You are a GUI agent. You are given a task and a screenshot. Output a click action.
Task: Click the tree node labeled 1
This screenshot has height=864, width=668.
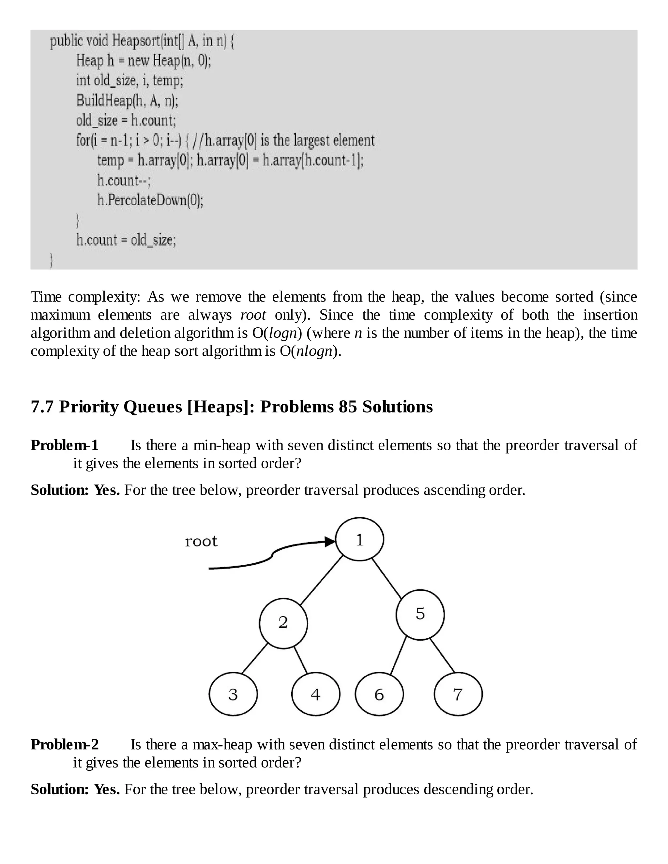click(x=359, y=539)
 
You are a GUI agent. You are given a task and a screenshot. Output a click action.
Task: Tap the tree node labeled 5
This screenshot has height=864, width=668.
click(x=420, y=614)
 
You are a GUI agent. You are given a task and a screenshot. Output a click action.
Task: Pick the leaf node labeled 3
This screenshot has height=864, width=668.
click(x=233, y=694)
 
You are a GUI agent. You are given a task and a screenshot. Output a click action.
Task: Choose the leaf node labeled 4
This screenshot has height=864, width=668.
click(x=315, y=694)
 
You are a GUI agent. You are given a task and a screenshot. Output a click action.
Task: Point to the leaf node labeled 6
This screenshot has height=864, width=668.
click(x=379, y=694)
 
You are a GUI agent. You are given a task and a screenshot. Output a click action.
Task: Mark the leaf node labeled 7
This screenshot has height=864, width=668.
click(x=458, y=694)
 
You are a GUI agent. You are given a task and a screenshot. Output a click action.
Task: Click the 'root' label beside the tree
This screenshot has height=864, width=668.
click(x=201, y=541)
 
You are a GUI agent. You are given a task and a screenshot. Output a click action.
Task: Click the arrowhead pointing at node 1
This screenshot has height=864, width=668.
click(x=330, y=542)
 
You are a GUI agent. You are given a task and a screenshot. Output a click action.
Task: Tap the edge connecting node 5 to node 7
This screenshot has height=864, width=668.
click(x=442, y=656)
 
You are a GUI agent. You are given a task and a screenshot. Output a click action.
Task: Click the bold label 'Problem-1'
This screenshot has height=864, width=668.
click(x=65, y=445)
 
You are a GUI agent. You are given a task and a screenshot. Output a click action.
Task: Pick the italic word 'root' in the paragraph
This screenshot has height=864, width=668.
click(x=253, y=315)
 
